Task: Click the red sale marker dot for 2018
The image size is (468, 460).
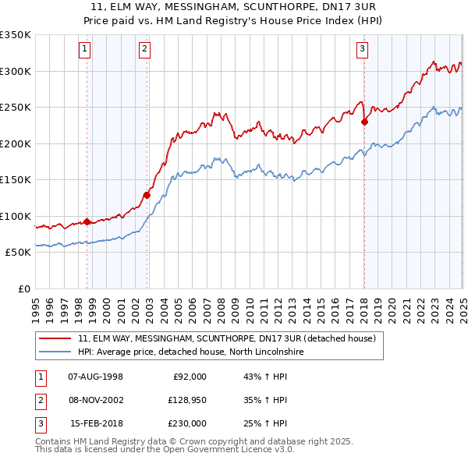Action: (364, 122)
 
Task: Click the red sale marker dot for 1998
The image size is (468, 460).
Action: (87, 221)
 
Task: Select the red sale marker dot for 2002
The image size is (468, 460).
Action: (147, 195)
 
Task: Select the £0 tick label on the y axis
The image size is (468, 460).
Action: (23, 288)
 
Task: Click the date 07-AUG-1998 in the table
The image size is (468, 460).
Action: (96, 377)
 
